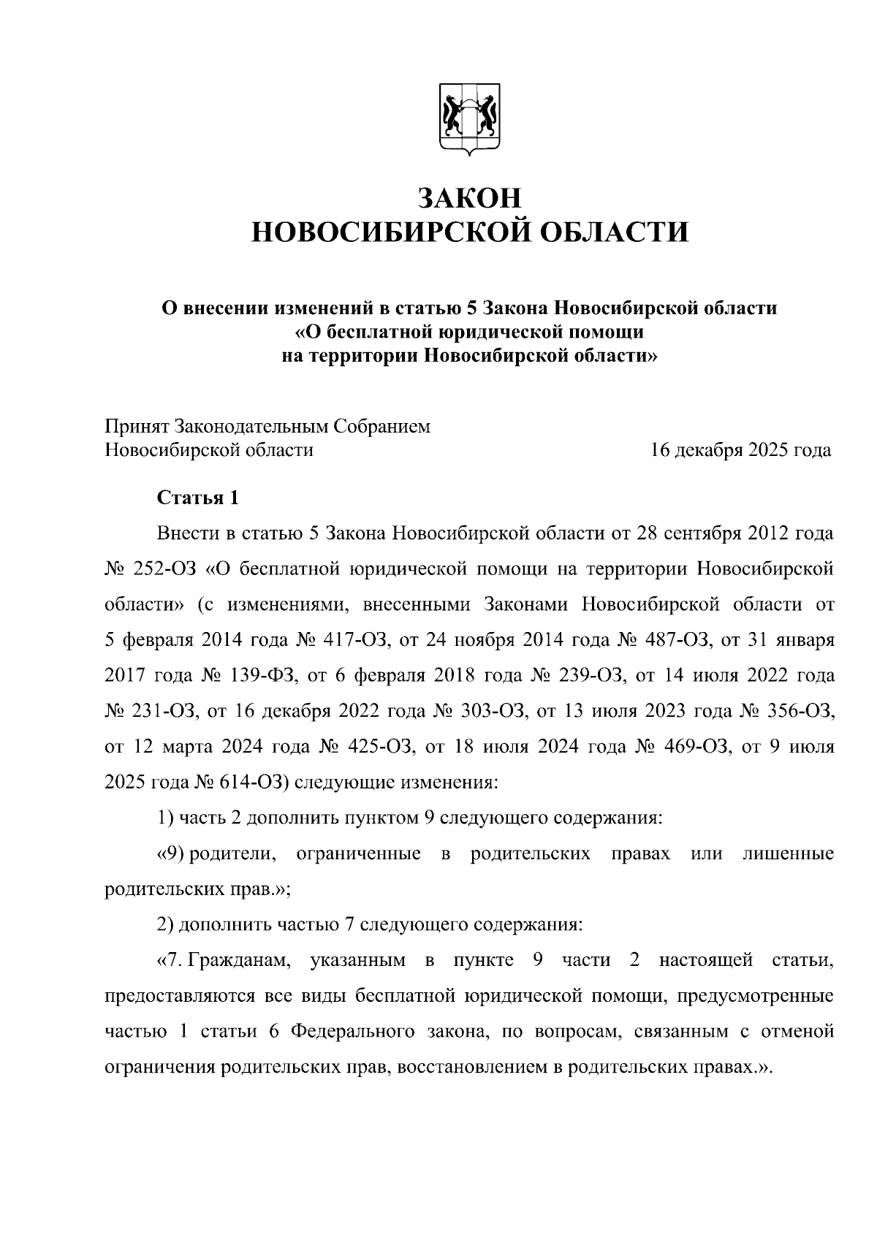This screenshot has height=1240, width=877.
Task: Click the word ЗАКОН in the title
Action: (470, 198)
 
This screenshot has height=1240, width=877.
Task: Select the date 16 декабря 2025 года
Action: (740, 449)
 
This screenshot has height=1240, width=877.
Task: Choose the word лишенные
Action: (788, 853)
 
